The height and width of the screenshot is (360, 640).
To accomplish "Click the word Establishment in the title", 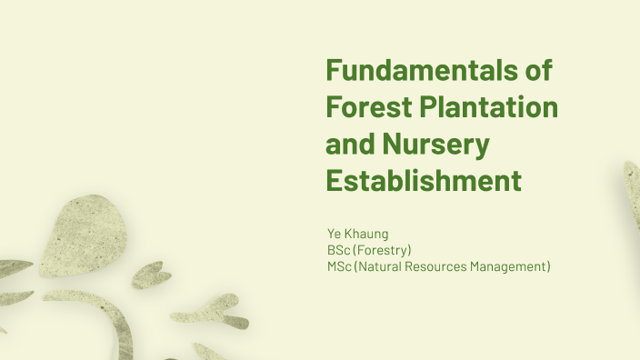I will click(424, 180).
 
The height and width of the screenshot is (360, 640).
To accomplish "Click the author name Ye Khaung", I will click(358, 234).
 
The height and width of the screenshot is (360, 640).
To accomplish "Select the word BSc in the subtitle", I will click(339, 250).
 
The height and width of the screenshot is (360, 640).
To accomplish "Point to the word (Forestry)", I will click(383, 250).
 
